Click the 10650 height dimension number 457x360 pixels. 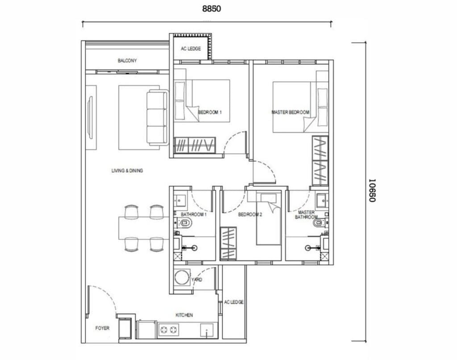click(x=372, y=191)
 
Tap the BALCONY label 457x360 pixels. click(x=127, y=61)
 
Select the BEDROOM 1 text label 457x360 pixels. click(x=210, y=113)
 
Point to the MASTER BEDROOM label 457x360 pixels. click(x=290, y=113)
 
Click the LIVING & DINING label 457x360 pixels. click(x=127, y=171)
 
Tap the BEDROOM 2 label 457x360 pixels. click(x=250, y=215)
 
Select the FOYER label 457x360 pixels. click(x=102, y=328)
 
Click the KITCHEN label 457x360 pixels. click(x=184, y=315)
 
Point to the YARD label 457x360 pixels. click(x=196, y=280)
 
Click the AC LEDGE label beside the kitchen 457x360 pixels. click(x=234, y=302)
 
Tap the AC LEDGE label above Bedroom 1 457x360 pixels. click(x=191, y=49)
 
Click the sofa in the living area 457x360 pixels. click(x=157, y=117)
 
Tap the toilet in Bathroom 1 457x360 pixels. click(x=185, y=223)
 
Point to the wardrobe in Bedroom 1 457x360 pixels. click(x=195, y=145)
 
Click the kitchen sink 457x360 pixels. click(x=207, y=331)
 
